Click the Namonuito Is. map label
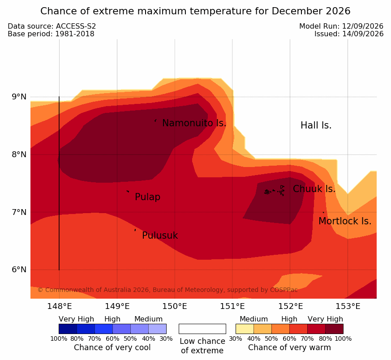(x=194, y=123)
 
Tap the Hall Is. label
(x=316, y=125)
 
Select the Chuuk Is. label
(x=314, y=189)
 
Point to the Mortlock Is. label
(x=345, y=221)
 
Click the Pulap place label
(x=147, y=197)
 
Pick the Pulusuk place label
(x=160, y=236)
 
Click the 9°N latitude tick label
(x=19, y=97)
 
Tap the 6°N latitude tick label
(x=19, y=270)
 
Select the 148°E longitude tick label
(x=60, y=306)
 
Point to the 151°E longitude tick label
(x=232, y=306)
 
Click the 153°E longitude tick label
(x=348, y=306)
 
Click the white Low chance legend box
(x=202, y=329)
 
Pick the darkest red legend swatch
(x=335, y=329)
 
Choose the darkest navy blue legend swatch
(x=68, y=329)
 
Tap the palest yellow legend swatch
(x=245, y=329)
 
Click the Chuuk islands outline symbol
(x=274, y=191)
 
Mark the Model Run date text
(x=341, y=26)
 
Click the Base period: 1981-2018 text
(x=51, y=34)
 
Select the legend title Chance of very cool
(x=112, y=347)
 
